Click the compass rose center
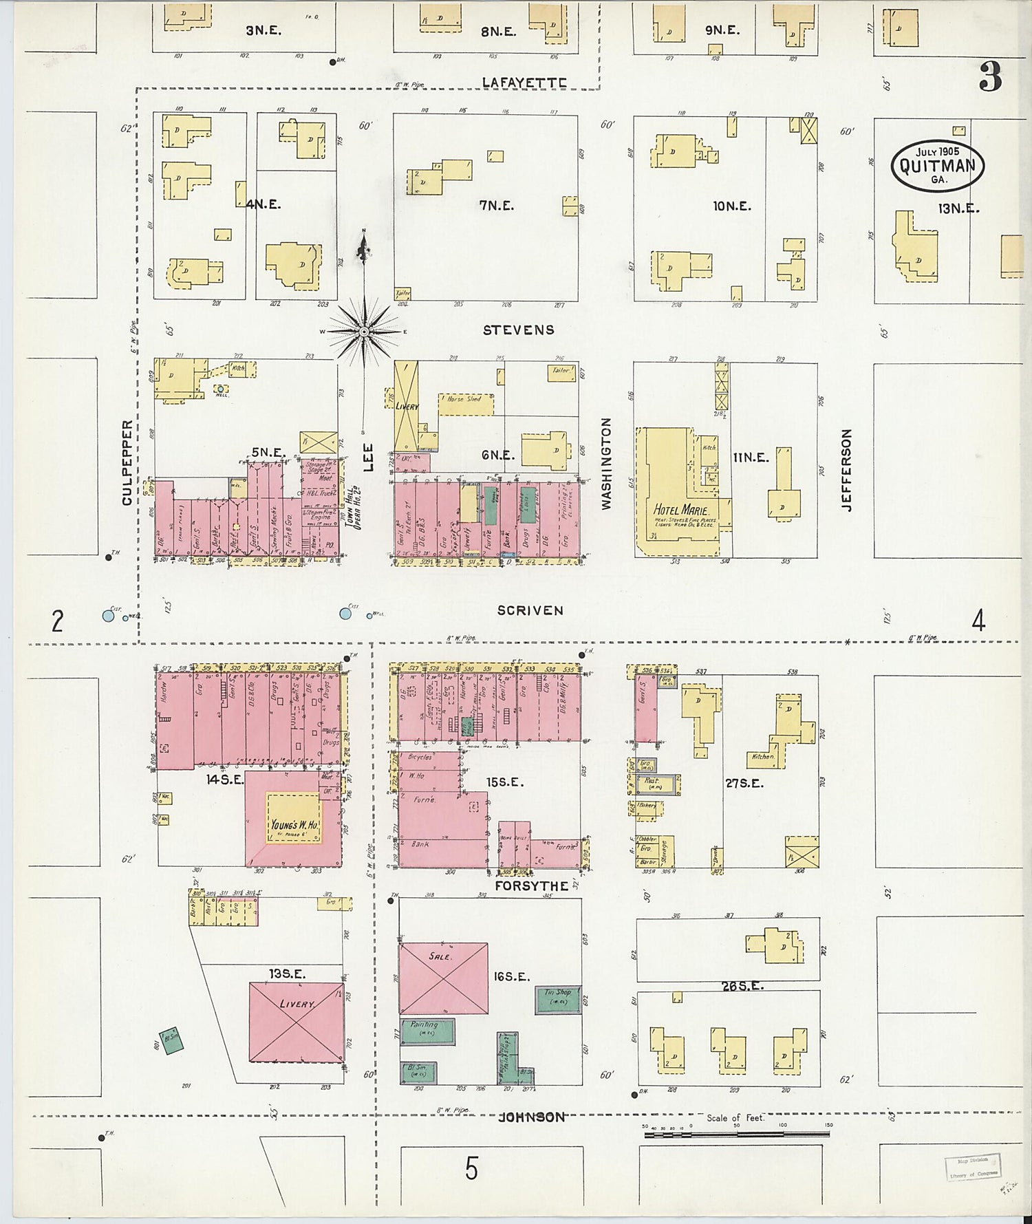coord(363,332)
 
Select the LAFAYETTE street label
coord(524,83)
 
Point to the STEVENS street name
coord(518,330)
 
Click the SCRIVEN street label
coord(530,610)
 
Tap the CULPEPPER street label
coord(127,463)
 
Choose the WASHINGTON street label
coord(606,464)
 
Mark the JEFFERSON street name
coord(847,470)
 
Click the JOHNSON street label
coord(532,1117)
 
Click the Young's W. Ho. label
coord(294,825)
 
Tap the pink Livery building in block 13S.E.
coord(296,1022)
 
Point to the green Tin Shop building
coord(558,999)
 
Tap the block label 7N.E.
coord(497,205)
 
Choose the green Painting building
coord(428,1031)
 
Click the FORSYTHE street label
coord(532,885)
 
